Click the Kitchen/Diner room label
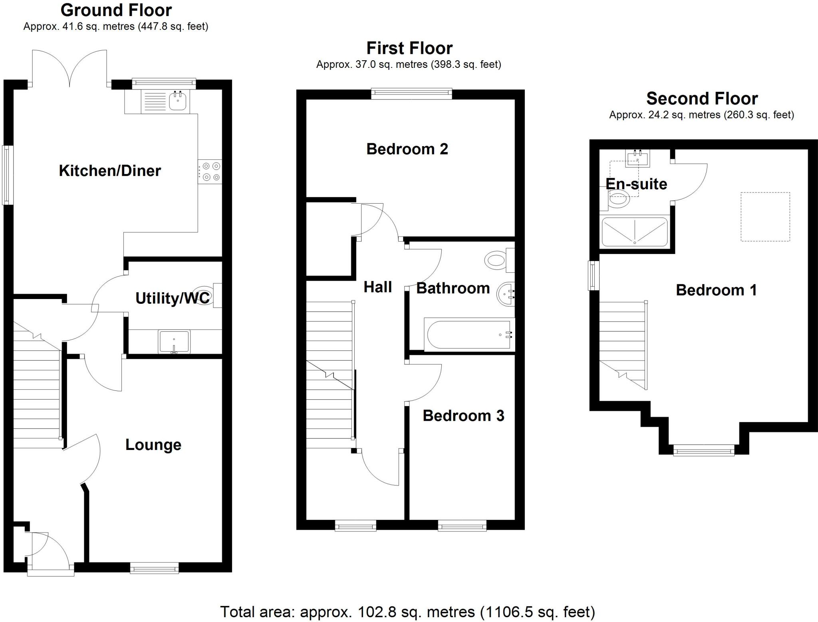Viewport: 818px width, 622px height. (110, 171)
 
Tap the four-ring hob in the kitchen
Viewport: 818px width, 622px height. (210, 172)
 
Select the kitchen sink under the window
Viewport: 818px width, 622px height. (177, 101)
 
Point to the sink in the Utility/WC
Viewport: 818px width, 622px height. (174, 341)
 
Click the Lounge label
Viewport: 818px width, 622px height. (153, 445)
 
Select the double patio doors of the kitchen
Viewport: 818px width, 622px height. (69, 68)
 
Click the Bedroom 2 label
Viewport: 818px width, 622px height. (407, 149)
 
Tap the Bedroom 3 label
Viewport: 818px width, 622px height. (463, 416)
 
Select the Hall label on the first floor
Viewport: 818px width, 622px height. (377, 287)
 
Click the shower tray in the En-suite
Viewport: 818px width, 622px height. (634, 232)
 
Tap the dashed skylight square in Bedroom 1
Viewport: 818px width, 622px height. (765, 217)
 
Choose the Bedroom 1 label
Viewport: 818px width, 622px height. (716, 290)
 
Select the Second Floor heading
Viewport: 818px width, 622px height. (702, 98)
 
